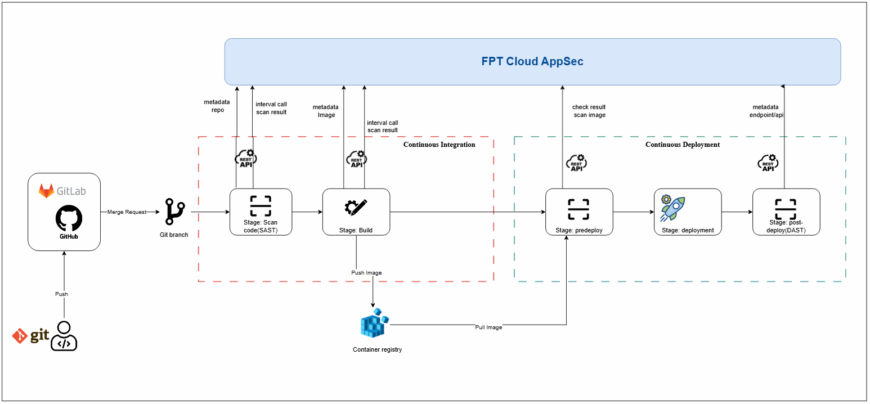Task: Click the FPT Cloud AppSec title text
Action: click(x=532, y=61)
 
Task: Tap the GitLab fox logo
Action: click(x=46, y=190)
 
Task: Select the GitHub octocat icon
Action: click(x=69, y=218)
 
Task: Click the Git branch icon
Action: click(x=175, y=212)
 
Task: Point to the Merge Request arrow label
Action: click(x=127, y=212)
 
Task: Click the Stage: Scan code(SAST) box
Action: click(x=261, y=212)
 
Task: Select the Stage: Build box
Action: click(x=356, y=212)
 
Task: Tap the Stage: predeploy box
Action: click(x=579, y=212)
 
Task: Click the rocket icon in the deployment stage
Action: click(x=672, y=208)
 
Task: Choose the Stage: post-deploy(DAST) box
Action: click(x=786, y=212)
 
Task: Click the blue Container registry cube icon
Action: click(x=374, y=323)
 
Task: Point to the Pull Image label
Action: click(x=488, y=327)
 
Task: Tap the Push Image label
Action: click(x=367, y=273)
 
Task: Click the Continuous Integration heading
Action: click(x=440, y=145)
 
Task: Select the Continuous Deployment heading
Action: click(x=683, y=145)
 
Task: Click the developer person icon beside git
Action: click(x=64, y=336)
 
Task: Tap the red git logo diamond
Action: click(x=20, y=336)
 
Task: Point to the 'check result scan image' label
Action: click(x=589, y=111)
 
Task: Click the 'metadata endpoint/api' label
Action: click(x=766, y=111)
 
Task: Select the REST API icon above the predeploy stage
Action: click(x=576, y=163)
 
